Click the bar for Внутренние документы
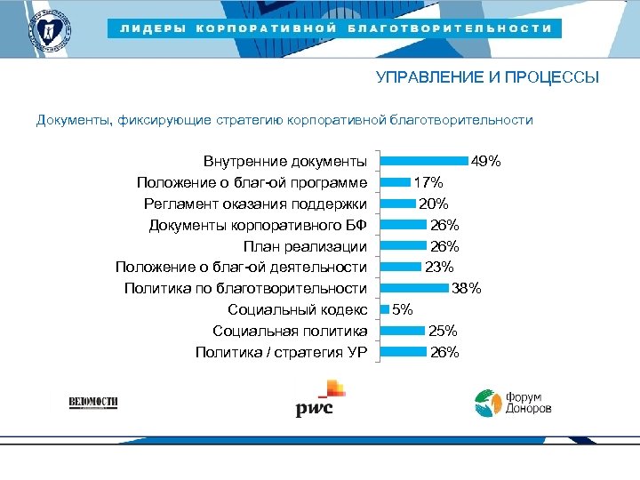pyautogui.click(x=424, y=161)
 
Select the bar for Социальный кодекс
pyautogui.click(x=385, y=309)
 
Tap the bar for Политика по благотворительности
pyautogui.click(x=414, y=288)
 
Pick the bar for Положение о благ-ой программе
pyautogui.click(x=396, y=182)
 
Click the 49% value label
pyautogui.click(x=486, y=162)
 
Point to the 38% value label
pyautogui.click(x=467, y=288)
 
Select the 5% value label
pyautogui.click(x=403, y=309)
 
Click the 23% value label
pyautogui.click(x=439, y=267)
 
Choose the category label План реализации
pyautogui.click(x=305, y=246)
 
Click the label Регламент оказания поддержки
pyautogui.click(x=255, y=204)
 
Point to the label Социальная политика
pyautogui.click(x=290, y=331)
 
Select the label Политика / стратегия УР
pyautogui.click(x=281, y=352)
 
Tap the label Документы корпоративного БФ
pyautogui.click(x=258, y=225)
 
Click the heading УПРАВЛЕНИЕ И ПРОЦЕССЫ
pyautogui.click(x=487, y=77)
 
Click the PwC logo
pyautogui.click(x=317, y=400)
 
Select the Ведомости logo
pyautogui.click(x=93, y=402)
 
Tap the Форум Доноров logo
pyautogui.click(x=512, y=403)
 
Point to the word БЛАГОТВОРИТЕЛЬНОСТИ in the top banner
pyautogui.click(x=450, y=28)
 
